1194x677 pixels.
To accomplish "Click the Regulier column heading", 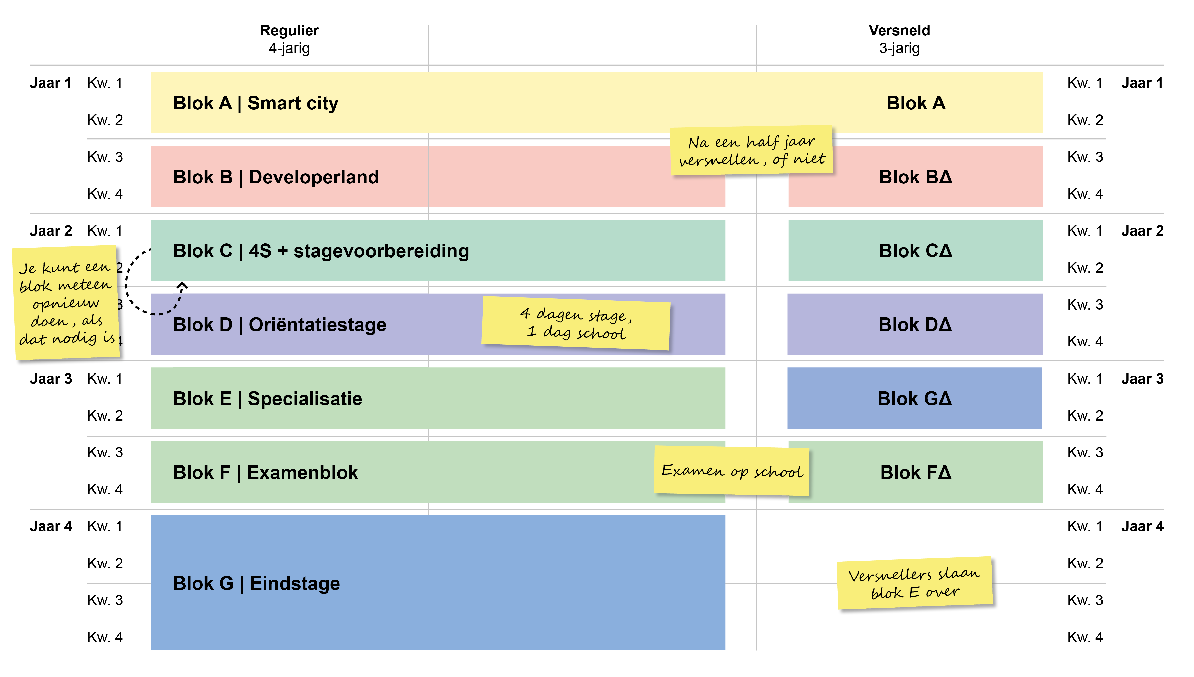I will tap(289, 31).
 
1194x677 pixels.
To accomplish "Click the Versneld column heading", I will tap(899, 31).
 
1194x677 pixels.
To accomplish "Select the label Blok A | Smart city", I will tap(256, 103).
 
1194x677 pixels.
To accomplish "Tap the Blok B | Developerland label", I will tap(276, 177).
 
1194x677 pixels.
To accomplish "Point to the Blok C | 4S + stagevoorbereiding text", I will tap(321, 251).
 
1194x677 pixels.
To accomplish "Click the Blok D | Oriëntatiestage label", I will tap(280, 324).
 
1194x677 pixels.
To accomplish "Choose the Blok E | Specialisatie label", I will tap(267, 399).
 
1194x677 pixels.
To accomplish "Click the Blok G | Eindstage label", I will tap(256, 583).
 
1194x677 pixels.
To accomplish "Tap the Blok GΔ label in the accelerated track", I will tap(914, 399).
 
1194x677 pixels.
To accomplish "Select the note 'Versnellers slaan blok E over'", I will tap(914, 583).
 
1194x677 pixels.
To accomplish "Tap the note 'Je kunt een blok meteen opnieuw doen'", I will tap(66, 303).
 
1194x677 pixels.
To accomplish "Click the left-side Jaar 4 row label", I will tap(51, 526).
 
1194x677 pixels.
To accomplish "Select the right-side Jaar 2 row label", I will tap(1142, 231).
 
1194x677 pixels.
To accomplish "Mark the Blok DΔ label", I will tap(914, 324).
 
